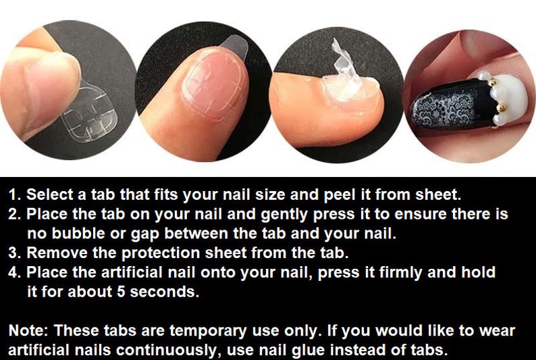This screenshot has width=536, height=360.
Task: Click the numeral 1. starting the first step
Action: (x=15, y=195)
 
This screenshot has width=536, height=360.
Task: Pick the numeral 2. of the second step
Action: (x=15, y=215)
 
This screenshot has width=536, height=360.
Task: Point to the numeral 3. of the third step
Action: (x=15, y=254)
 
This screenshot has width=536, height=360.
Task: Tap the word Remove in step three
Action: (x=53, y=254)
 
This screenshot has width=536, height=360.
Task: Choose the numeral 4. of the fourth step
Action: (x=15, y=274)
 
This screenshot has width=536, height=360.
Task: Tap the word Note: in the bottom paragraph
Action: (x=29, y=332)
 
